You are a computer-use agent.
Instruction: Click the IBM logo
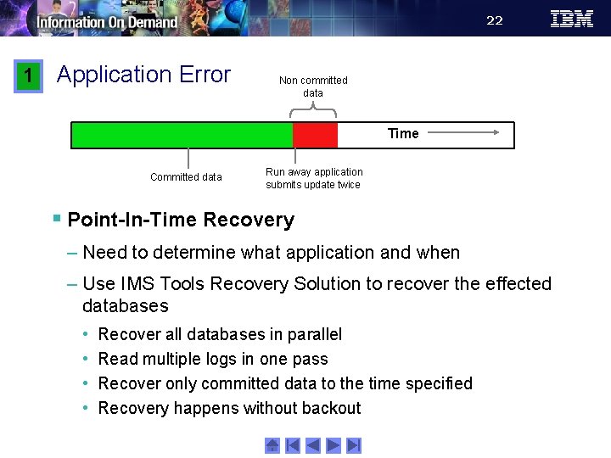[572, 19]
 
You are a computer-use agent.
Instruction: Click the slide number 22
[495, 20]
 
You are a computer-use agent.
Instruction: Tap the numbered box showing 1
[28, 75]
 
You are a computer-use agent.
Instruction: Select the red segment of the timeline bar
[315, 136]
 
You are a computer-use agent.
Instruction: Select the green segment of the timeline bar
[182, 136]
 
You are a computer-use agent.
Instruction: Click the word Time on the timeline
[403, 133]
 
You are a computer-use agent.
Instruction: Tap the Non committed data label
[313, 87]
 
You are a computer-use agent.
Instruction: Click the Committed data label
[186, 177]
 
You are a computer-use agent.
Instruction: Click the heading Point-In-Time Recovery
[181, 221]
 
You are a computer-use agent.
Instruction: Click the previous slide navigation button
[313, 445]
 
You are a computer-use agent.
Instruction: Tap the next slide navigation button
[334, 445]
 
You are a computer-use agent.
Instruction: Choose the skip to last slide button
[354, 445]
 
